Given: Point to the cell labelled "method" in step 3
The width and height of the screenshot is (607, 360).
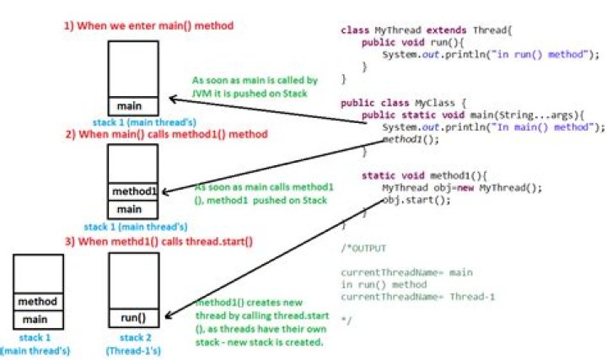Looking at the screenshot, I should (37, 302).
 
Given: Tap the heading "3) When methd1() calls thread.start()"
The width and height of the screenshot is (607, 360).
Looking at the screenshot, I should (158, 242).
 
